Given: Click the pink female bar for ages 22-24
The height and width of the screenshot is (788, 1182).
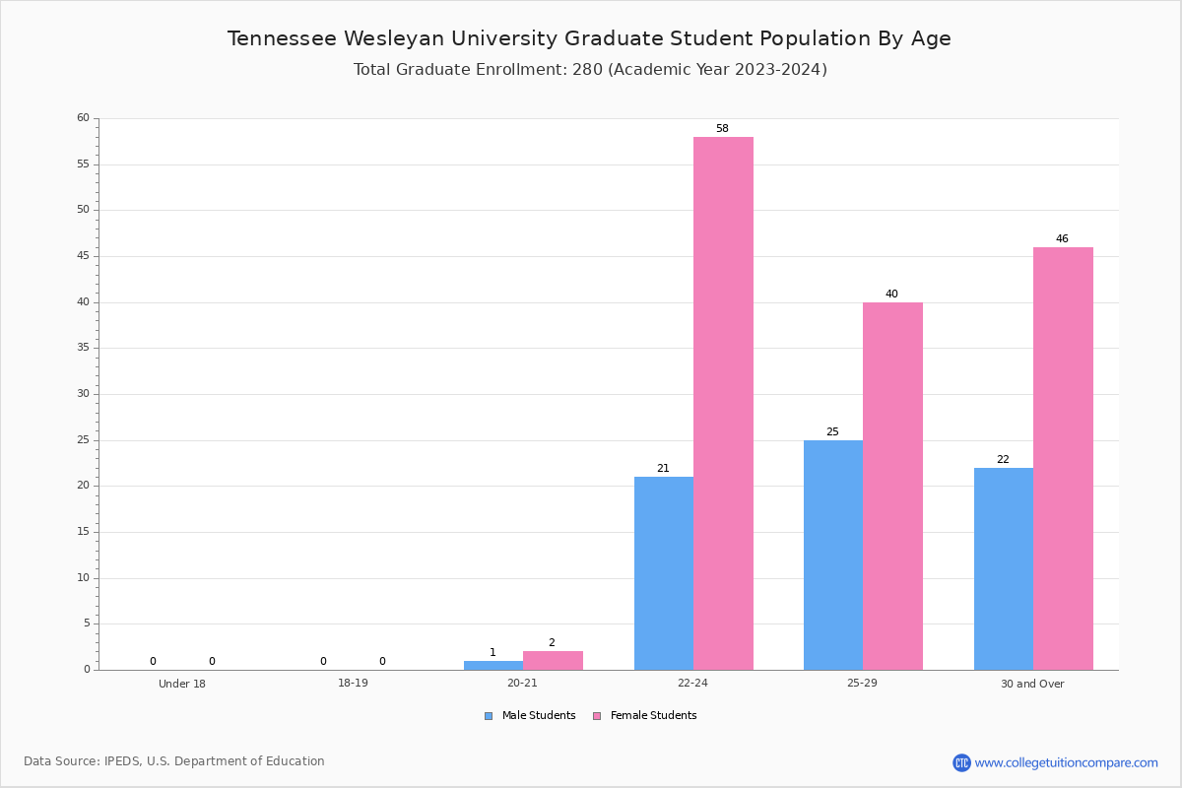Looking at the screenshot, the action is point(723,403).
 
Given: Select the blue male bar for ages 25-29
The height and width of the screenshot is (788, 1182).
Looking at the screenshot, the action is point(833,556).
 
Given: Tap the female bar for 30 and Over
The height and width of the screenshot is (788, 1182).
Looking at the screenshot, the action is point(1063,459).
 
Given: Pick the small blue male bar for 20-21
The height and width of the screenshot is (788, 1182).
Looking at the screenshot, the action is point(493,666).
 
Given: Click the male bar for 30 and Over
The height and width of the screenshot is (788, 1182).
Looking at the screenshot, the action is point(1004,569).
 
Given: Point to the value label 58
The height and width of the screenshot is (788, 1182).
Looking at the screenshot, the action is point(722,128).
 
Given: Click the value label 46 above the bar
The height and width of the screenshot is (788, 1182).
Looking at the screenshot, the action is point(1062,238).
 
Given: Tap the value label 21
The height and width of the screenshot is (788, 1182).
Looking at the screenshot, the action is point(663,468).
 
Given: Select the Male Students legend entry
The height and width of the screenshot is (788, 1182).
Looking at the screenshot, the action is point(530,715).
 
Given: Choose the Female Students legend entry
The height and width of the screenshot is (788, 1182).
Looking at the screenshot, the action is point(644,715).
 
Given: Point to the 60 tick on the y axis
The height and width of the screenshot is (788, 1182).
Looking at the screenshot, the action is point(84,117).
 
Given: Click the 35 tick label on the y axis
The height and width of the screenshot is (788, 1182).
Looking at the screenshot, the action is point(84,348).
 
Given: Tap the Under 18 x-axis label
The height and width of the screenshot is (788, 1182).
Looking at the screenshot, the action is point(182,684).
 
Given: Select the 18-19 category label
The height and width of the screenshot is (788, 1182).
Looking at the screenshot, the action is point(353,683).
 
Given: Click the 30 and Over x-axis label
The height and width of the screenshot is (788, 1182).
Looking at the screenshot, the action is point(1032,684).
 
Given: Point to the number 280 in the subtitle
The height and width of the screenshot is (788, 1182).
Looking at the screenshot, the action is point(587,69).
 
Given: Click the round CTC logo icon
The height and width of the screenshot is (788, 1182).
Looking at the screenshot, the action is point(961,762).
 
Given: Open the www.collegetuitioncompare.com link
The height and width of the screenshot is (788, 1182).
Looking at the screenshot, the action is point(1066,762).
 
